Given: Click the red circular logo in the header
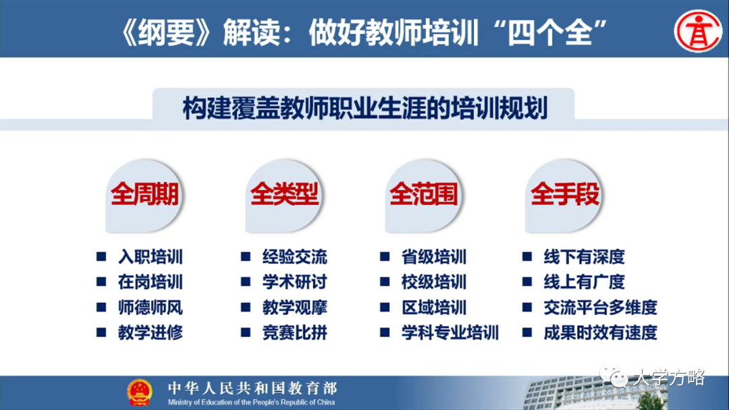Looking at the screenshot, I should [x=698, y=30].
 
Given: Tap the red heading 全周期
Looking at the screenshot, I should [x=144, y=195].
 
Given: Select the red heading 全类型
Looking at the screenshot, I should [x=284, y=195].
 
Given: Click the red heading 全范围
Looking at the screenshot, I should [x=423, y=195].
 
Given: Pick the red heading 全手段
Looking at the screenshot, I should [x=564, y=195].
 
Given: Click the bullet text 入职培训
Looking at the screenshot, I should [x=150, y=257].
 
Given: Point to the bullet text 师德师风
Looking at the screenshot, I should [x=150, y=307].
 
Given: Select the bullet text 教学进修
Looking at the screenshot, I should [x=150, y=332].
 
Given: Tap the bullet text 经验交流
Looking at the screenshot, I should [x=294, y=257].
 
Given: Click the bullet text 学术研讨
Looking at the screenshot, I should [x=294, y=282].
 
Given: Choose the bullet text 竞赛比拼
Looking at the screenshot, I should [x=294, y=332].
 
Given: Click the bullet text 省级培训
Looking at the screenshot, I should [x=433, y=257].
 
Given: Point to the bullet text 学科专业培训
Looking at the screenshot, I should [x=450, y=332].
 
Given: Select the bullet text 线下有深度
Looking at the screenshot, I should [x=584, y=257].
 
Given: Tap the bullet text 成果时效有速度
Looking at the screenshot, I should [x=600, y=332].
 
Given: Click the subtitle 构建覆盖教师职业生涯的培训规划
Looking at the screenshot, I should [x=364, y=109].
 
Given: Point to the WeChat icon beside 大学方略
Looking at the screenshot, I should [x=617, y=378].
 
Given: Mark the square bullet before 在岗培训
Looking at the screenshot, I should [x=101, y=282].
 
